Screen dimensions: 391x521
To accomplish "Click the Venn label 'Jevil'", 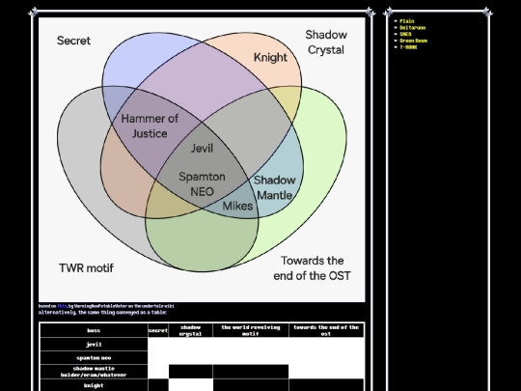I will pos(202,149).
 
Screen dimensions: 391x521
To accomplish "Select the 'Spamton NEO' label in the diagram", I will pos(202,183).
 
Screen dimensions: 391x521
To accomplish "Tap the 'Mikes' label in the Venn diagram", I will pos(237,206).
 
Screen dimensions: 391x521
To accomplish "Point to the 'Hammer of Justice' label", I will pos(150,126).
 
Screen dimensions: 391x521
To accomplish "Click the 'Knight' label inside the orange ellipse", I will pos(270,57).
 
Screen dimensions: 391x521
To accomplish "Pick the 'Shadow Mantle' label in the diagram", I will pos(274,187).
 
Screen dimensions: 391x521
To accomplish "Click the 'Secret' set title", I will pos(74,41).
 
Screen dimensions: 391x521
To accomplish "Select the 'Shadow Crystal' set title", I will pos(326,42).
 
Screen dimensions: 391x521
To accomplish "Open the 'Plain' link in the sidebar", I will pos(407,20).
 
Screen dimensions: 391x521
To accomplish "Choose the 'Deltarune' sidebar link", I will pos(412,27).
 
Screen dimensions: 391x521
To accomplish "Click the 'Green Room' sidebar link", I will pos(414,41).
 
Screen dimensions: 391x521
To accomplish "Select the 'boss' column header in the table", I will pos(94,330).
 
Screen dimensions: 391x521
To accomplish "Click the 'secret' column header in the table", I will pos(157,330).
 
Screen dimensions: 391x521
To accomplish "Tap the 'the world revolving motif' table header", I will pos(250,330).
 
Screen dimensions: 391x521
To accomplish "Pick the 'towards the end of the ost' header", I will pos(326,330).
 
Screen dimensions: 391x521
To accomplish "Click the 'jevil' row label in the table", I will pos(94,344).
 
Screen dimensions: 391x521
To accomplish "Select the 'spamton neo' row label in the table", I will pos(94,358).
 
